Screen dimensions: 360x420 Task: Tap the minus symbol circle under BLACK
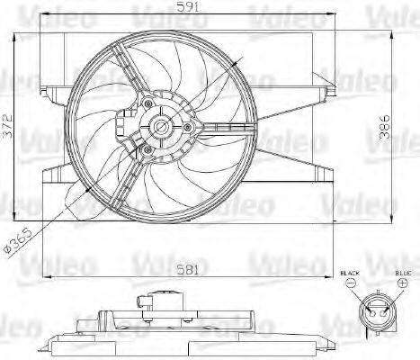click(x=349, y=283)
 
